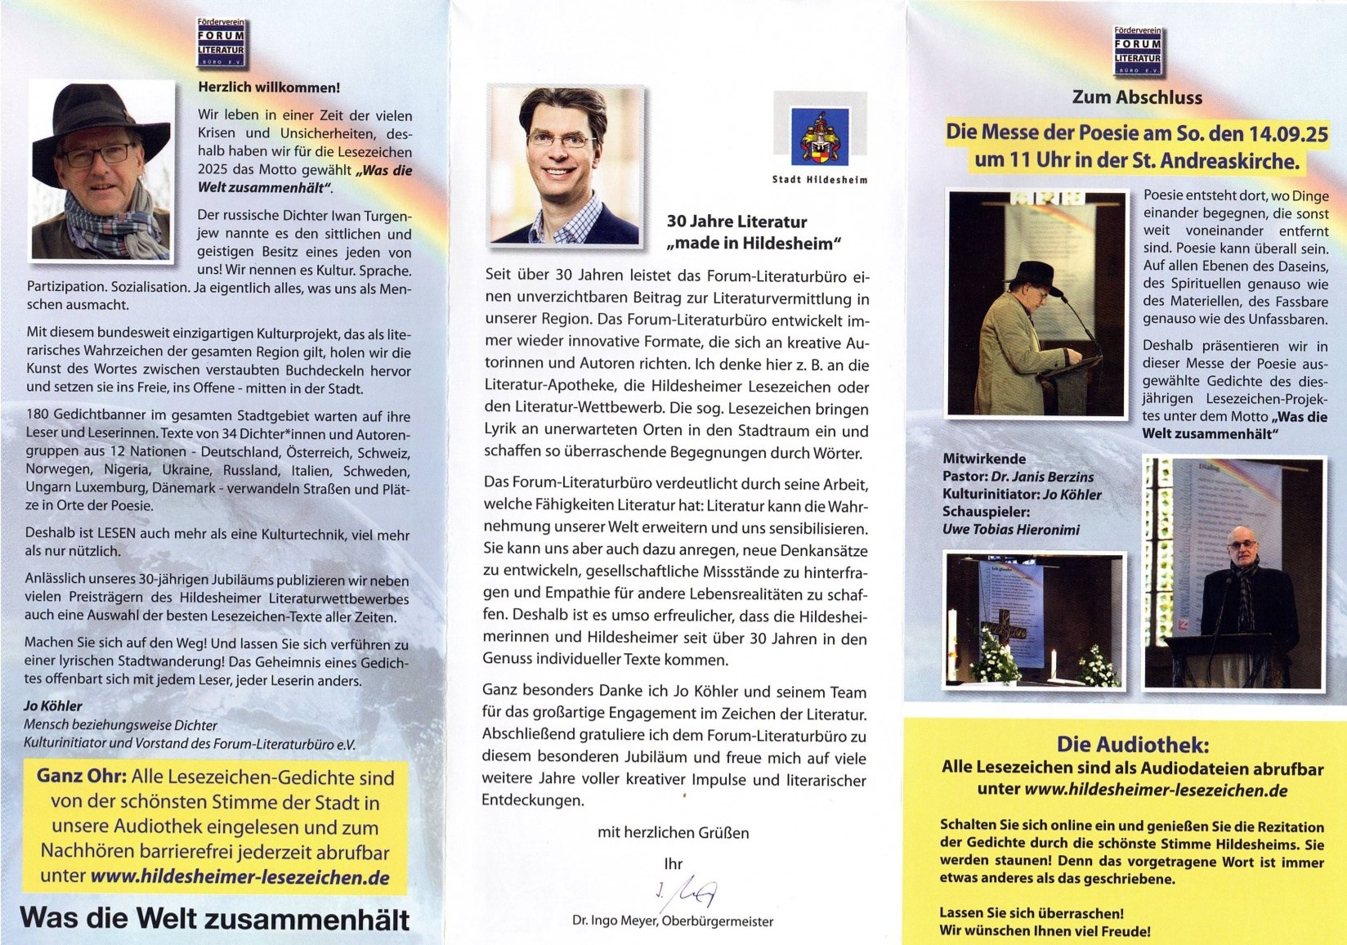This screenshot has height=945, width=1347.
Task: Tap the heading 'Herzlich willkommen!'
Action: pyautogui.click(x=269, y=87)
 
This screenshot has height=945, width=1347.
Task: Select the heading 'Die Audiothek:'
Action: pyautogui.click(x=1131, y=745)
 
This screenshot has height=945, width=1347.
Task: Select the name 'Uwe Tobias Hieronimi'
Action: pyautogui.click(x=1010, y=530)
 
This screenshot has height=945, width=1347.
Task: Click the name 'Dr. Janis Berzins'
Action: pyautogui.click(x=1043, y=477)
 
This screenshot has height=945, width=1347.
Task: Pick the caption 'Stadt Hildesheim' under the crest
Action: pyautogui.click(x=820, y=179)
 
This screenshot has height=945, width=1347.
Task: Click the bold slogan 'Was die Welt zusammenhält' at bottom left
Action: pyautogui.click(x=214, y=919)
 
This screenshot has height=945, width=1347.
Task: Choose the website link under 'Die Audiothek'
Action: pyautogui.click(x=1156, y=790)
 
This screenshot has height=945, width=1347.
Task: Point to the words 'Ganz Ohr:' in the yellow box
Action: pyautogui.click(x=81, y=777)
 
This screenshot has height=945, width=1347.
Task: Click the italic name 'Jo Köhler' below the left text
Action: pyautogui.click(x=53, y=705)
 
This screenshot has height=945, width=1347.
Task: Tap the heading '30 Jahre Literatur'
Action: pyautogui.click(x=736, y=222)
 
